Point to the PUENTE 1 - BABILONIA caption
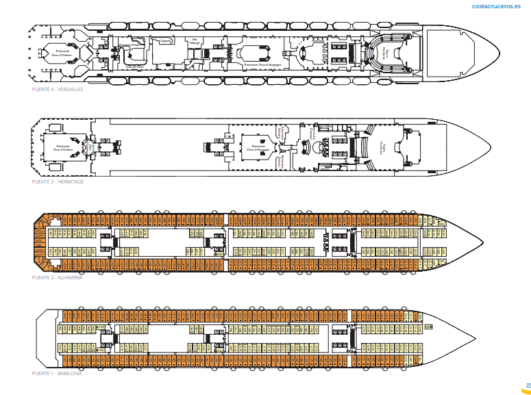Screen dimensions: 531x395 [x=53, y=373]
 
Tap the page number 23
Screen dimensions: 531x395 [x=528, y=385]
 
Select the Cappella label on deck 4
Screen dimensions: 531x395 [x=165, y=41]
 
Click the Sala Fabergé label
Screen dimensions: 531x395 [x=195, y=42]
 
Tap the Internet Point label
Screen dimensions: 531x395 [x=136, y=66]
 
